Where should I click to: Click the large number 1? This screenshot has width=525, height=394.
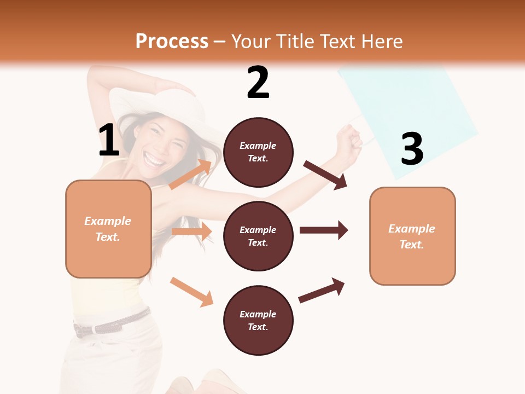(109, 141)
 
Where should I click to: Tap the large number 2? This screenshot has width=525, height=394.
(258, 83)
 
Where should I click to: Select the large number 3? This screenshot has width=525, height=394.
(412, 149)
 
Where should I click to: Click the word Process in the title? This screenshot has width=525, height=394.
(172, 41)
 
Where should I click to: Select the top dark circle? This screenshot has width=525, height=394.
(258, 152)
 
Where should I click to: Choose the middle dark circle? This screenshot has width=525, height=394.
(258, 236)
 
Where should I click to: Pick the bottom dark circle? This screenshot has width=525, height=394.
(258, 320)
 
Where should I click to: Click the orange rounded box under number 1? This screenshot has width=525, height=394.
(108, 229)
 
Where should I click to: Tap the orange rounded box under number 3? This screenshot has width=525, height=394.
(412, 236)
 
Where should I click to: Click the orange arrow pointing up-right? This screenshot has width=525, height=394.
(191, 174)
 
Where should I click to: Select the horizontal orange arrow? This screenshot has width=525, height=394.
(192, 232)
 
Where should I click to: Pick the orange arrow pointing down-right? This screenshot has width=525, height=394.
(191, 291)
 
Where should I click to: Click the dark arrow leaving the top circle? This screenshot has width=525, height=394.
(325, 175)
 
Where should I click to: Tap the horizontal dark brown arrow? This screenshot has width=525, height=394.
(324, 230)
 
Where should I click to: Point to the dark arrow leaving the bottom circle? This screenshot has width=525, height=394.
(322, 290)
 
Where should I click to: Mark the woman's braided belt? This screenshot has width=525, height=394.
(112, 323)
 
